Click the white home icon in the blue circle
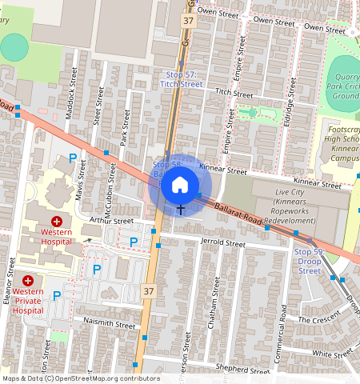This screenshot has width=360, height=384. tap(180, 185)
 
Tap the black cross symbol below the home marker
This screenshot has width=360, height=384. tap(180, 210)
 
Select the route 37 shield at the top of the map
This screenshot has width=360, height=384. tap(188, 21)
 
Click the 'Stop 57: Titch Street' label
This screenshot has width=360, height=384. tap(181, 78)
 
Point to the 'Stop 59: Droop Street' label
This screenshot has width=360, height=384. tap(310, 261)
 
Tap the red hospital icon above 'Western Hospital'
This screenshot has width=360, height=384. tap(57, 221)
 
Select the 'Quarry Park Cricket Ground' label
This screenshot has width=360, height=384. tap(344, 86)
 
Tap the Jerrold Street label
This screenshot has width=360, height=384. tap(223, 242)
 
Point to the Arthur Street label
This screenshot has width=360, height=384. tap(111, 220)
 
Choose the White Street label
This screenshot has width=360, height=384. tap(332, 353)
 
